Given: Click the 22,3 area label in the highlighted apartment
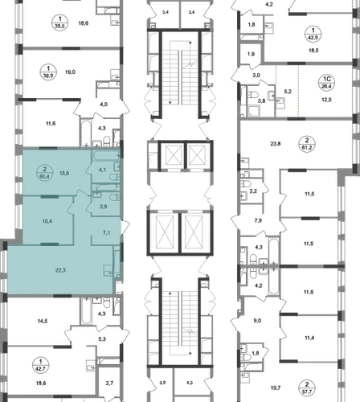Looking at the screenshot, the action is click(x=60, y=270).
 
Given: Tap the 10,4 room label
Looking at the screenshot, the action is click(x=47, y=221).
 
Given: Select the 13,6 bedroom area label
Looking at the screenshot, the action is click(x=64, y=173).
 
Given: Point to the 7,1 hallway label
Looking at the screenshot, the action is click(x=106, y=232).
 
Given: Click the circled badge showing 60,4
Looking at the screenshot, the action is click(x=44, y=173).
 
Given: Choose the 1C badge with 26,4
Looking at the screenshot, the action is click(x=327, y=83).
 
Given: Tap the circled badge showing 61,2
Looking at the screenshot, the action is click(x=307, y=144).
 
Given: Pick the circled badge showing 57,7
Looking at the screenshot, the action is click(x=307, y=388).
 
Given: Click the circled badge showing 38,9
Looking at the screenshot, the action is click(x=48, y=72).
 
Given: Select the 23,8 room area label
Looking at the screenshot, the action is click(x=276, y=144).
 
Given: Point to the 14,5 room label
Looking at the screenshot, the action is click(x=43, y=321).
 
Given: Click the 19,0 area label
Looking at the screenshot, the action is click(x=70, y=72).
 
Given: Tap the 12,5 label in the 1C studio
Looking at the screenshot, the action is click(x=326, y=100).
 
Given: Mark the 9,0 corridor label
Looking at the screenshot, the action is click(x=257, y=321).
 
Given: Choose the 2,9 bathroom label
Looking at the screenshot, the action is click(x=104, y=207).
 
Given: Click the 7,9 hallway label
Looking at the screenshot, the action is click(x=258, y=220).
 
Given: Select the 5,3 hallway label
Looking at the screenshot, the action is click(x=102, y=339).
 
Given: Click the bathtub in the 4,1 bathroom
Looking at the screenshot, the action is click(x=106, y=155).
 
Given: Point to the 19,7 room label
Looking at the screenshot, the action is click(x=276, y=388).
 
